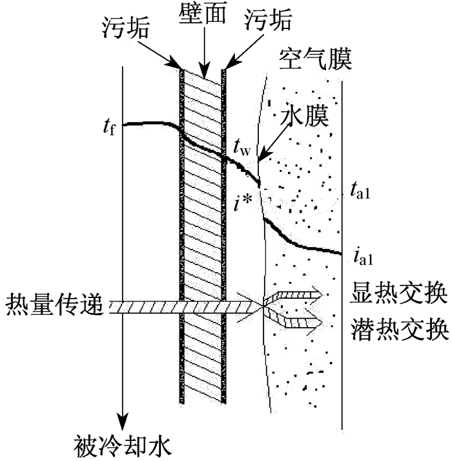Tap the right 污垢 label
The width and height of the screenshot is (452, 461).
click(x=268, y=20)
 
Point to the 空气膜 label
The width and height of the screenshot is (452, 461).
click(x=315, y=59)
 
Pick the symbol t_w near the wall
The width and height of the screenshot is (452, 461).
click(x=242, y=148)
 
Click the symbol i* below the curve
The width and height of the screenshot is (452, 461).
click(x=243, y=202)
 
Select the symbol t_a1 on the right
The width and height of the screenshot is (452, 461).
click(x=360, y=190)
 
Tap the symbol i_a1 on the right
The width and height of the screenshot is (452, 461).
click(x=364, y=257)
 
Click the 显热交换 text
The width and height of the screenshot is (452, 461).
click(x=398, y=293)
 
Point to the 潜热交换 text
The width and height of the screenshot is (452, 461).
click(x=400, y=329)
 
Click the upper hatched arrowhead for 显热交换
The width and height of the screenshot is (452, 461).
click(x=318, y=295)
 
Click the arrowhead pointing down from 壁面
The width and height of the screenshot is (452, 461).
click(x=204, y=72)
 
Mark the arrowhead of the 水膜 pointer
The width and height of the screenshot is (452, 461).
click(x=263, y=156)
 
